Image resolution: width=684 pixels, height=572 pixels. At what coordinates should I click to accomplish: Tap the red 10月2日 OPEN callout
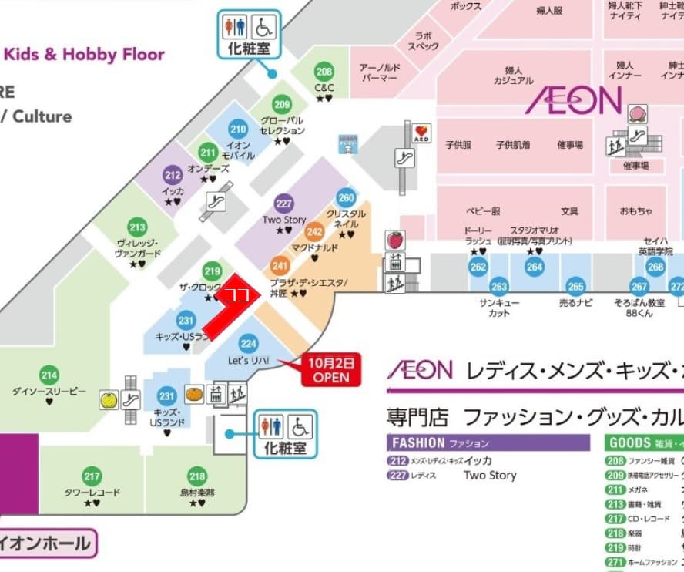click(x=330, y=369)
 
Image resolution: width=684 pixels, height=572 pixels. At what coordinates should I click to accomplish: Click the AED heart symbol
click(x=421, y=133)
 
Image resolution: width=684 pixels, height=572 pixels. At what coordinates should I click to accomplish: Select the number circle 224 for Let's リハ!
click(x=248, y=344)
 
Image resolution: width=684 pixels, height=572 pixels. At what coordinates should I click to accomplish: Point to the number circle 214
click(x=49, y=376)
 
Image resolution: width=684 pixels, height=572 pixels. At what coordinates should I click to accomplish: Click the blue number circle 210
click(x=238, y=130)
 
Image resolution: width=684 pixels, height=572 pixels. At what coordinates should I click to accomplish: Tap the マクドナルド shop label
click(x=314, y=247)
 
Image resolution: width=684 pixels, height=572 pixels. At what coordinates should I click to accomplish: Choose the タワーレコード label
click(x=92, y=492)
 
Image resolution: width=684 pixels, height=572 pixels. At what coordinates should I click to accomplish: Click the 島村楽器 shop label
click(x=196, y=492)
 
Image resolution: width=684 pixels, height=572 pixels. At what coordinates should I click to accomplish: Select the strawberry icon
click(x=395, y=238)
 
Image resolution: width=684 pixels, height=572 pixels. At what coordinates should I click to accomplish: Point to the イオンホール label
click(x=46, y=544)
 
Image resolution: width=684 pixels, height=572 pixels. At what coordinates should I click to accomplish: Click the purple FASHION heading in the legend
click(x=417, y=443)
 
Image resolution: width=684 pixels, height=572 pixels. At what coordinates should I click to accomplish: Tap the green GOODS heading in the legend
click(x=630, y=443)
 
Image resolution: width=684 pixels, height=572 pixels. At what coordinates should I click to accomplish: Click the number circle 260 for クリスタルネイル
click(x=346, y=197)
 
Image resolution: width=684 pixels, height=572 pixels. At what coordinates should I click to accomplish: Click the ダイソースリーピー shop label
click(x=49, y=392)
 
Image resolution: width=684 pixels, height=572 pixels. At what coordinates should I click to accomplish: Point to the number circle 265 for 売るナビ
click(x=575, y=285)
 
